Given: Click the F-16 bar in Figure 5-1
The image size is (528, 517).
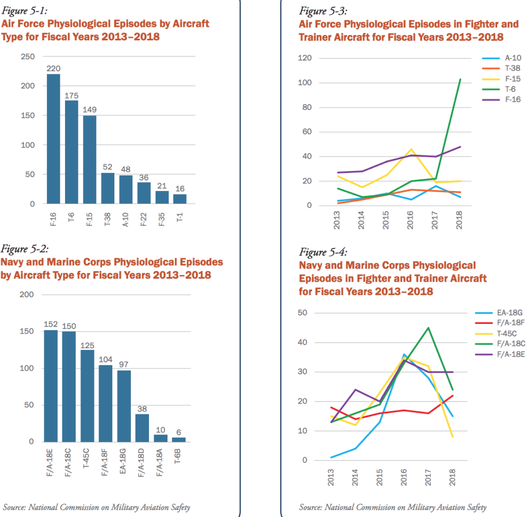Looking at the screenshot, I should (54, 139).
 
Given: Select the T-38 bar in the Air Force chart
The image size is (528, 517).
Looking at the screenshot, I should (108, 188).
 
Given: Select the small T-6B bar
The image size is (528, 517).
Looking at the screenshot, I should (179, 440).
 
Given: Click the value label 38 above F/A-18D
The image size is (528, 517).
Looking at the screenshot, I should (142, 408).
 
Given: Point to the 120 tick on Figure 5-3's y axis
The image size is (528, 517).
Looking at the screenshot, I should (305, 58).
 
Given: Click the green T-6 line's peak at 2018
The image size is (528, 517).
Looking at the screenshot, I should (460, 79).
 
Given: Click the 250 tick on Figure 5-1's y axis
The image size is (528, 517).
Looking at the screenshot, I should (27, 57).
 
